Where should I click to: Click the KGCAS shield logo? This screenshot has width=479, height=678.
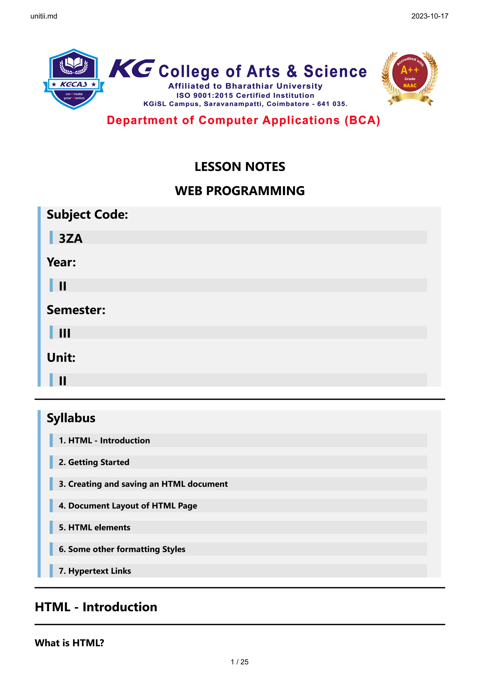[x=73, y=79]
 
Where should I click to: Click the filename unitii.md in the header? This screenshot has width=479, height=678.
[x=44, y=16]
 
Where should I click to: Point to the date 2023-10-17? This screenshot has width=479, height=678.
[x=430, y=16]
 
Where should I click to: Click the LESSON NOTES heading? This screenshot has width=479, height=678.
[x=240, y=167]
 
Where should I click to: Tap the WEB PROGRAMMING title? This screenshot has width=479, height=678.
[x=240, y=191]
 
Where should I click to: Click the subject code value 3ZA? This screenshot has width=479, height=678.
[x=71, y=238]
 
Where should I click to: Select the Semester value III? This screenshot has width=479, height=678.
[x=65, y=333]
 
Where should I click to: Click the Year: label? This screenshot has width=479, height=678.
[x=61, y=262]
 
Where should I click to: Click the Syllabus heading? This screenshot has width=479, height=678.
[x=71, y=418]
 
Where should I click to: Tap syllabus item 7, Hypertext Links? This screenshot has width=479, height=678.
[x=95, y=571]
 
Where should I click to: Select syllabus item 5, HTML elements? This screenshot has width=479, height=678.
[x=94, y=527]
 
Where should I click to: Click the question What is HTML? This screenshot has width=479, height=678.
[x=69, y=643]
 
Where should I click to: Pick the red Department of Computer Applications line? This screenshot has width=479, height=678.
[x=243, y=120]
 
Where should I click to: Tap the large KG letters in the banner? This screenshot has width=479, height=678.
[x=132, y=69]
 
